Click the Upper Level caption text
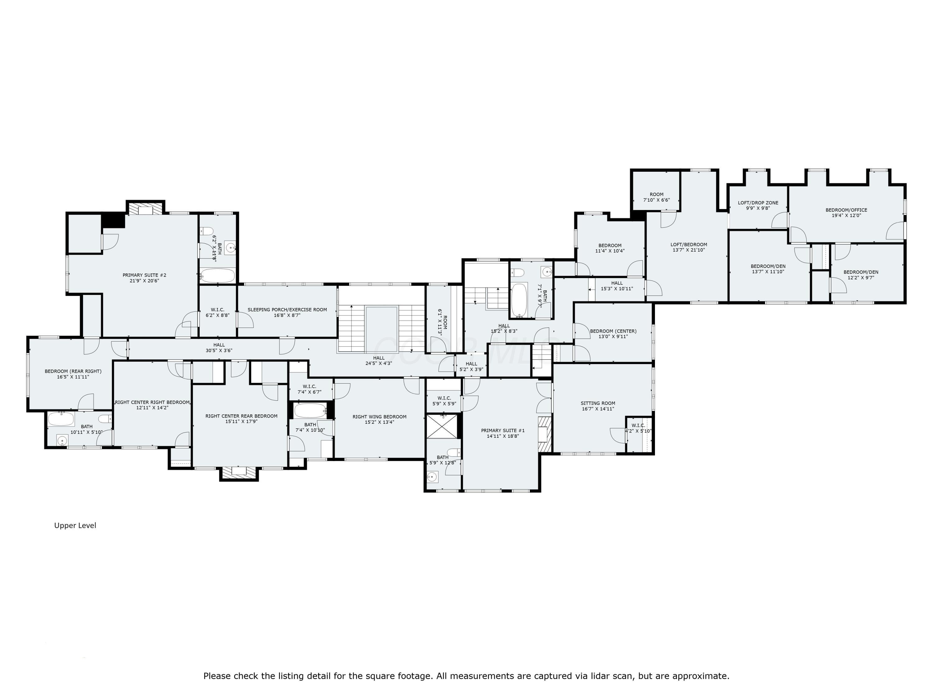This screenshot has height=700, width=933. tap(75, 525)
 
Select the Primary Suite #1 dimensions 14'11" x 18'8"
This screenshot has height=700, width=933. tap(503, 436)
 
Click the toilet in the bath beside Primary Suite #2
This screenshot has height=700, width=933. tap(207, 231)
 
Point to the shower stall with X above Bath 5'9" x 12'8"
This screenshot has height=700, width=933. tap(442, 427)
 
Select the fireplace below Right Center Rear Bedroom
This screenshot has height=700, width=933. tap(239, 472)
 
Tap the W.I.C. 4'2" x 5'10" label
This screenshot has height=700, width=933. tap(638, 428)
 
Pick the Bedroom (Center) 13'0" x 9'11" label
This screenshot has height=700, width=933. tap(613, 334)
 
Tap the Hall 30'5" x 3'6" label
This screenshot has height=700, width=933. tap(219, 348)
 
